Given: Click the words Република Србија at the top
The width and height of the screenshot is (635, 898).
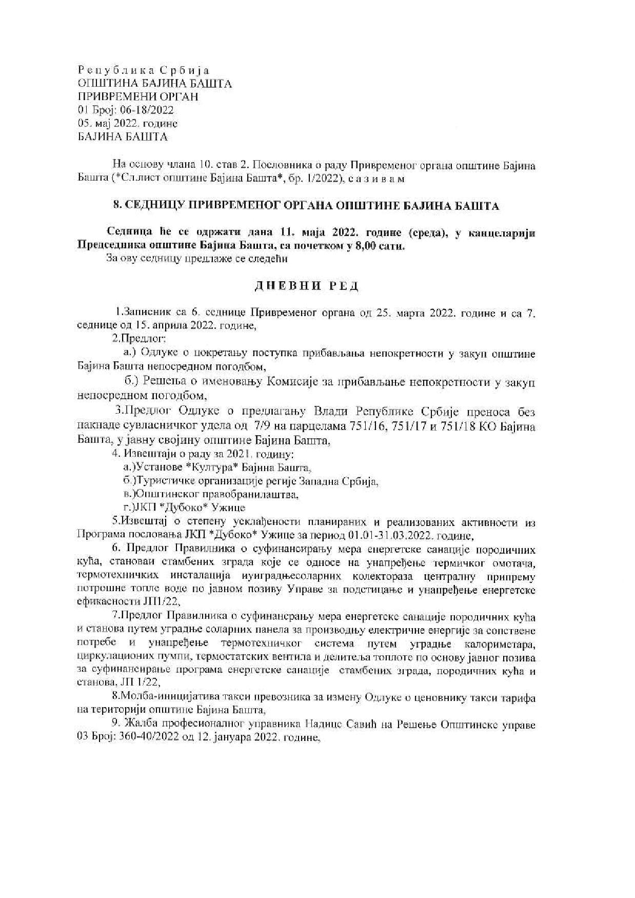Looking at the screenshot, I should coord(144,70).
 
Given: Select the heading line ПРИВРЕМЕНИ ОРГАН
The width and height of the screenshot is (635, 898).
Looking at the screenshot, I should coord(137,97).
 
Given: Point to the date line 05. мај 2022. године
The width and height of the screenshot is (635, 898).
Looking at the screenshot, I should coord(128,124).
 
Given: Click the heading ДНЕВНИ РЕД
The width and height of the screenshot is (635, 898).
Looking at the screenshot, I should coord(306,286).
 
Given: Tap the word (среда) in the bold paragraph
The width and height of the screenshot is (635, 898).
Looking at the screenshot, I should coord(428,233).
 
